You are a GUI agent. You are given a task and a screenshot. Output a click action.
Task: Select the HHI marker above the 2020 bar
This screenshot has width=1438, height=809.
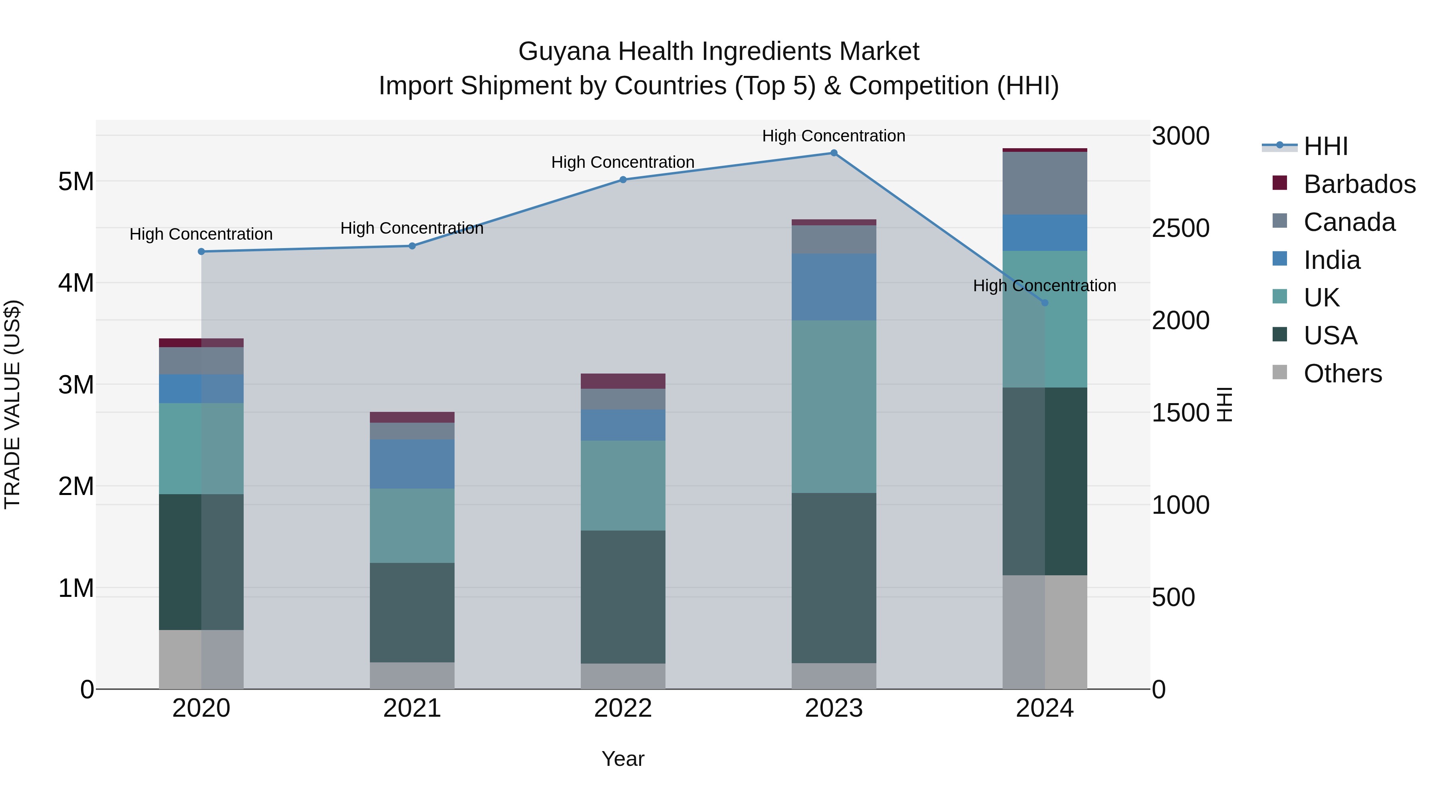point(202,252)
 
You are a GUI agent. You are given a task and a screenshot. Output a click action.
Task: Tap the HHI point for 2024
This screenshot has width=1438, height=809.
point(1045,302)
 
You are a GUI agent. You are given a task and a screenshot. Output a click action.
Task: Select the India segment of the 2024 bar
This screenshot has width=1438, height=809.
point(1045,233)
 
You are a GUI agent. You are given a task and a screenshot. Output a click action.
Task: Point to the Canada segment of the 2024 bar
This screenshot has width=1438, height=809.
point(1045,183)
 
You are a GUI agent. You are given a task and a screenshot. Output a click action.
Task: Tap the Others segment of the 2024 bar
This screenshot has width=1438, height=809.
point(1045,632)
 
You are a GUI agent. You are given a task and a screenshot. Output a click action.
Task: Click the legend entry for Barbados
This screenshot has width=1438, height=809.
point(1359,184)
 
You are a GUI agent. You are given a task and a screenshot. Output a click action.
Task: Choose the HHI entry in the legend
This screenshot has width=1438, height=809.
point(1325,146)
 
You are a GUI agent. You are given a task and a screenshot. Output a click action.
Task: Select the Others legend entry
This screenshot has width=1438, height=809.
point(1343,374)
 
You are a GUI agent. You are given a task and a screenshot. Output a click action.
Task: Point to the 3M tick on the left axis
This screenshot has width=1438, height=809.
point(76,385)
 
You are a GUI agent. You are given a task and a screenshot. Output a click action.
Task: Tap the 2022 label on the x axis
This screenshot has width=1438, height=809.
point(623,708)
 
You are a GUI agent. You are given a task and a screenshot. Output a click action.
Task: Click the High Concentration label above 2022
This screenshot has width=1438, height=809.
point(623,163)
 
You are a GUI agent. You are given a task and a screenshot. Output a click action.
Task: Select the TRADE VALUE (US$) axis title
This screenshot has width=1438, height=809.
point(12,404)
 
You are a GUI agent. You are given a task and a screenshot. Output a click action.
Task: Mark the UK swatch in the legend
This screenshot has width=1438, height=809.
point(1279,296)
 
